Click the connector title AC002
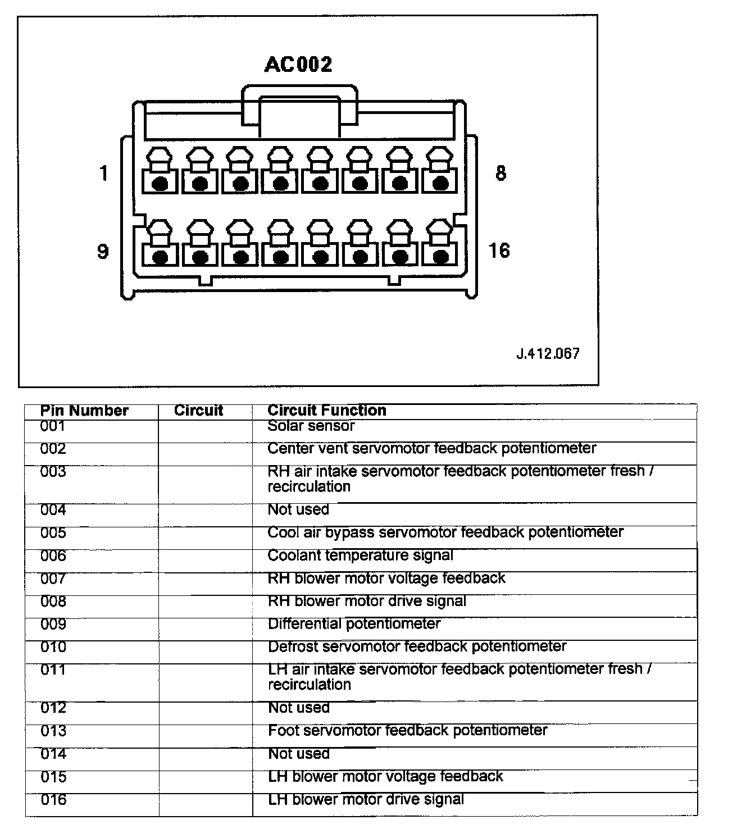298,64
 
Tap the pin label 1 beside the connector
103,174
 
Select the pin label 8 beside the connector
501,173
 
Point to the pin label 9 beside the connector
103,250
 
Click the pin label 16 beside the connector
499,250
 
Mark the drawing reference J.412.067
548,354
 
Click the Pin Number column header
84,411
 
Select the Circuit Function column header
327,411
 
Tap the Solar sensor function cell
311,426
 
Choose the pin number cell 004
53,510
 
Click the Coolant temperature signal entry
360,555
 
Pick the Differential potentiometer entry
354,624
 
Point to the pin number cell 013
53,731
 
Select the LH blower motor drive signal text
366,799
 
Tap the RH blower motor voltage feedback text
386,579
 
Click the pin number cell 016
53,799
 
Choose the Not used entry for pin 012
299,708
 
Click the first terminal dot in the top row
160,184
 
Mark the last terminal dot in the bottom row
442,257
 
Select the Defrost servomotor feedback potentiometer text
417,646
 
